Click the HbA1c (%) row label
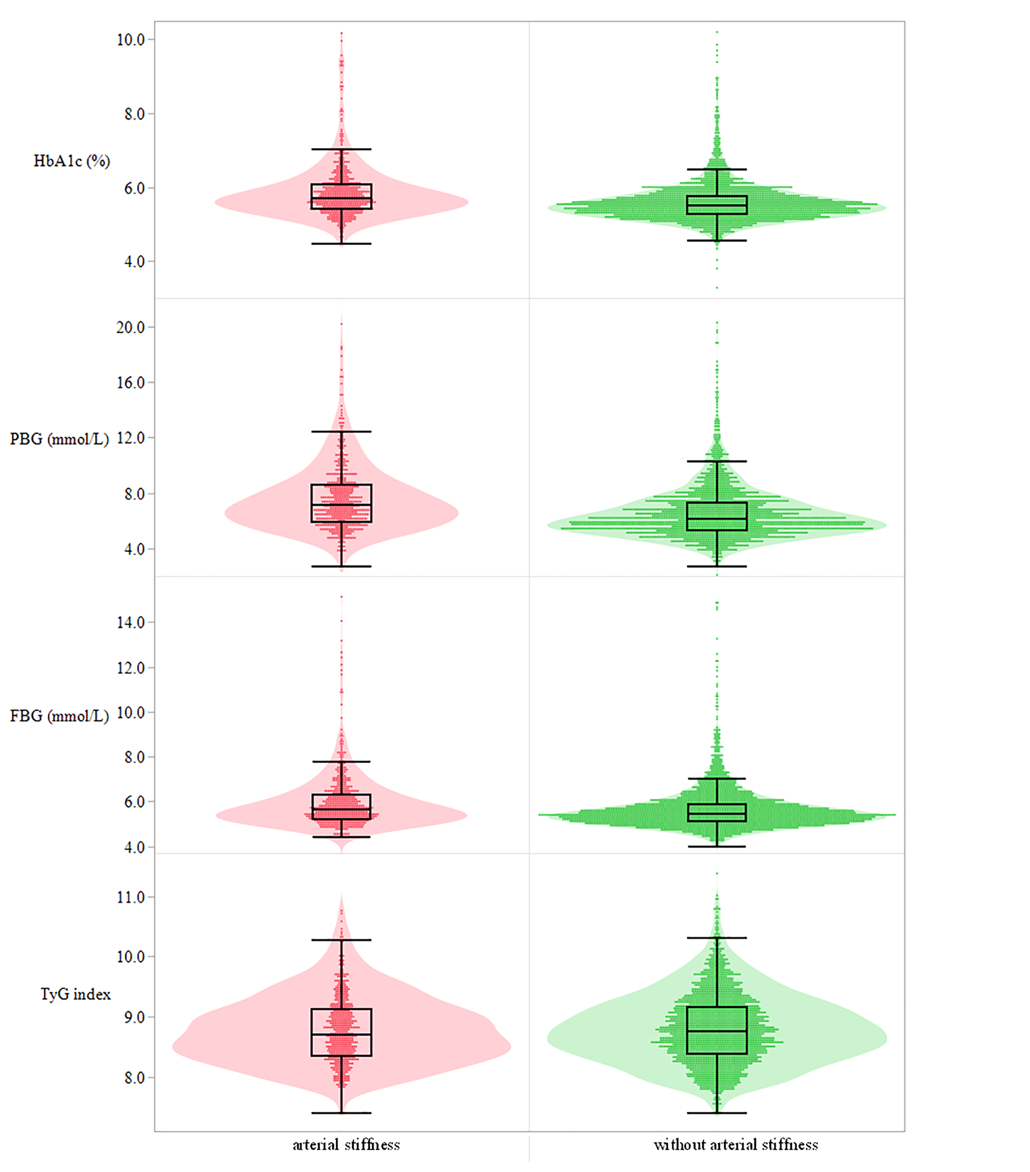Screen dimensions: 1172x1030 (x=71, y=161)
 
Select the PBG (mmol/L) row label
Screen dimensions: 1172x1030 (x=59, y=439)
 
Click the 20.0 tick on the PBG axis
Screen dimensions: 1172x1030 (x=131, y=327)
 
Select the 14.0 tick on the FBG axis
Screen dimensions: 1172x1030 (x=131, y=623)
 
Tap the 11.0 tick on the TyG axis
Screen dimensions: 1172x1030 (x=131, y=897)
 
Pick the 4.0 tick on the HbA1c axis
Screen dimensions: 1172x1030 (x=134, y=262)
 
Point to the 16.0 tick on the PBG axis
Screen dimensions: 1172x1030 (x=131, y=383)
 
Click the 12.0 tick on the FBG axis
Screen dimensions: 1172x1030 (x=131, y=668)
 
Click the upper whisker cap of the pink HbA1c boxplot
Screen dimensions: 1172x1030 (x=341, y=149)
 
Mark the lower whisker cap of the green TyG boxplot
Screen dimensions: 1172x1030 (x=716, y=1113)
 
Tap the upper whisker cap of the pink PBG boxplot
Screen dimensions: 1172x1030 (x=341, y=431)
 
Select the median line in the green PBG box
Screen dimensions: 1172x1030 (x=716, y=518)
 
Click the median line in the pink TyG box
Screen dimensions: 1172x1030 (x=341, y=1034)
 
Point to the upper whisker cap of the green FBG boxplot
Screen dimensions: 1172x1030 (x=716, y=779)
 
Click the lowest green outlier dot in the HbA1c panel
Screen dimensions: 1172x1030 (x=717, y=287)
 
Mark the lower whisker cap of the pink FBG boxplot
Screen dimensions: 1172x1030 (x=341, y=837)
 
